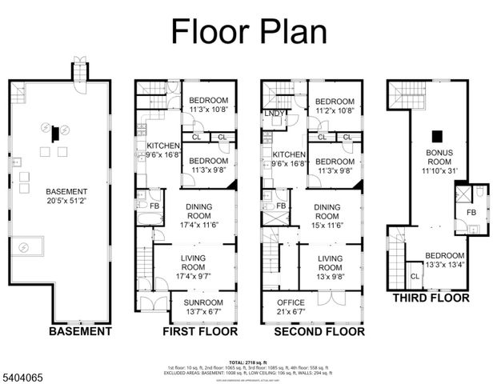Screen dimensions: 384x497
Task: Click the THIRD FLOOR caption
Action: [431, 298]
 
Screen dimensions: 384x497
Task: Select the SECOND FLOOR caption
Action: [319, 331]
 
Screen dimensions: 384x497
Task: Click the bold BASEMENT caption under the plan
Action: [80, 331]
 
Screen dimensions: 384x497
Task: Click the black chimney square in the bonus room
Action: [437, 136]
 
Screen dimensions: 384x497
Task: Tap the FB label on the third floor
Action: [471, 212]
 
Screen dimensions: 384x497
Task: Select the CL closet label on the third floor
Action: [414, 276]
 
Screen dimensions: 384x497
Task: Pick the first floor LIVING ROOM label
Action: [194, 262]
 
